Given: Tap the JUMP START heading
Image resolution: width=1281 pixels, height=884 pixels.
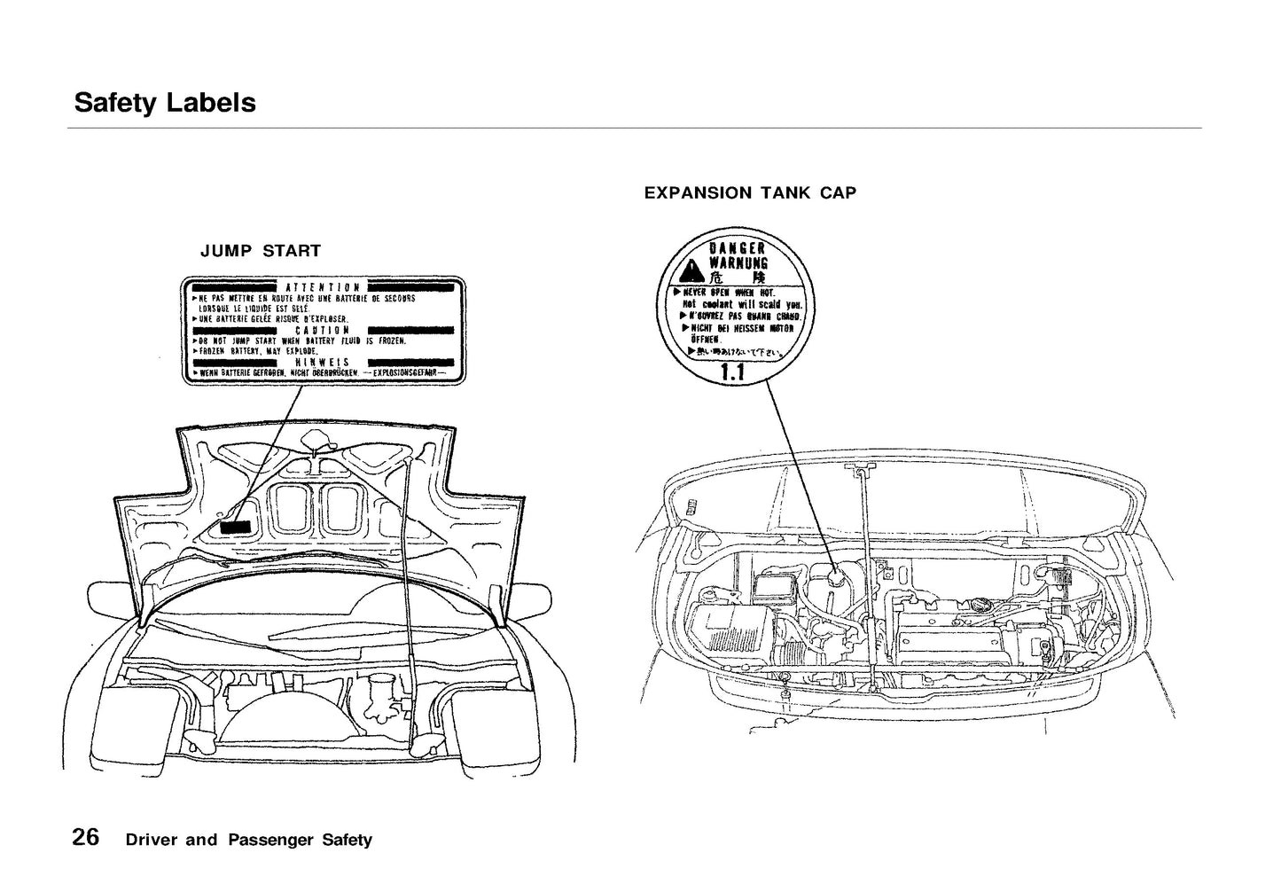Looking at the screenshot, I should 261,251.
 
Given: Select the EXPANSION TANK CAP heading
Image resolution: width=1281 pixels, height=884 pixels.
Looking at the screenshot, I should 750,192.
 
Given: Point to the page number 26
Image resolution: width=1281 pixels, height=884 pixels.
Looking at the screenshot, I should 86,837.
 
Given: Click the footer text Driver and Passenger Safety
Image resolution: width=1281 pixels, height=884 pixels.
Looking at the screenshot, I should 249,840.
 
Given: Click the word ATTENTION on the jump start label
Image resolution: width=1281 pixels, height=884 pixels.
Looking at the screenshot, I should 323,287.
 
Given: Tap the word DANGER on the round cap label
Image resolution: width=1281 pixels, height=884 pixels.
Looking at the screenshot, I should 737,249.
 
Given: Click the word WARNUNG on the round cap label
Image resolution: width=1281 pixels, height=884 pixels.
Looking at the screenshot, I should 738,263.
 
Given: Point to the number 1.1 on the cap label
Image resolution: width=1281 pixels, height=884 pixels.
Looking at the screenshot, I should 733,373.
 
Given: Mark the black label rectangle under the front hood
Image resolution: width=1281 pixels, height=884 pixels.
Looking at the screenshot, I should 236,526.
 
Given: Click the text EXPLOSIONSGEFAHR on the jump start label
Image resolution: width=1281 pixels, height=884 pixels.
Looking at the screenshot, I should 404,373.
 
